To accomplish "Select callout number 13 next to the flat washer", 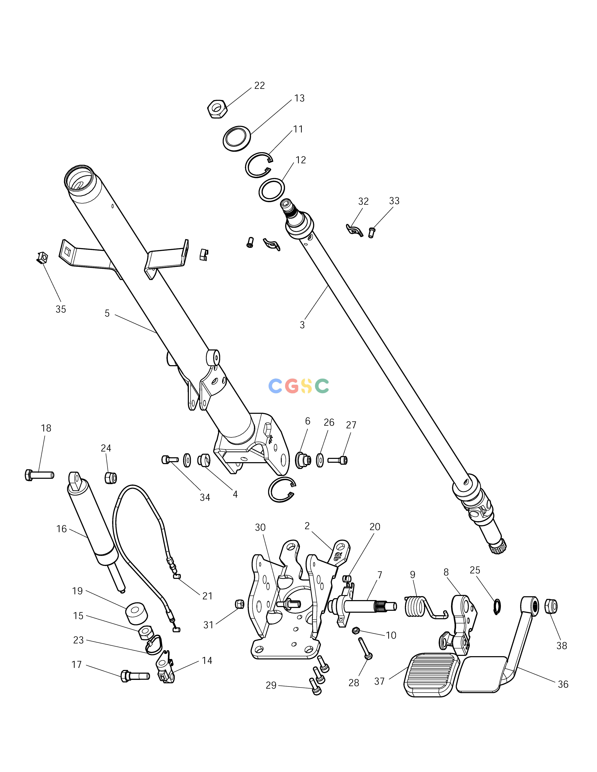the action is [x=299, y=98].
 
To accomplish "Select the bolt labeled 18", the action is [x=39, y=475].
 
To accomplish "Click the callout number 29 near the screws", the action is [x=271, y=685].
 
